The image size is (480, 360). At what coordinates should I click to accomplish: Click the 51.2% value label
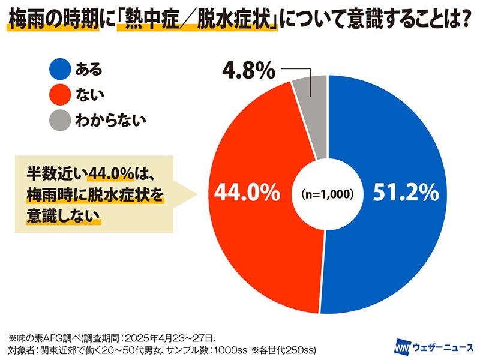[x=406, y=193]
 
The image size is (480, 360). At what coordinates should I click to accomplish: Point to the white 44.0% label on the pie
[x=247, y=193]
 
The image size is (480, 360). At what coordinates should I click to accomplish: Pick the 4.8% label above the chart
[x=248, y=70]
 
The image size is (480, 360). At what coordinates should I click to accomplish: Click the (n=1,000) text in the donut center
[x=327, y=194]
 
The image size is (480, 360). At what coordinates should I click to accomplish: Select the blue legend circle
[x=60, y=69]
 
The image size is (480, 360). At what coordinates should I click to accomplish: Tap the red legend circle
[x=60, y=95]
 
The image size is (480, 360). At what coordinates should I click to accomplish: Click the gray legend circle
[x=60, y=121]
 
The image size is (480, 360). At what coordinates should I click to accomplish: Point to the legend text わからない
[x=110, y=121]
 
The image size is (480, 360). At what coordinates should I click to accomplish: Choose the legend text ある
[x=89, y=69]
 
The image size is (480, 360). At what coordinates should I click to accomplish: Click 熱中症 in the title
[x=152, y=21]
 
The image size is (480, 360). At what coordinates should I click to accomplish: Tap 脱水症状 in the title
[x=233, y=21]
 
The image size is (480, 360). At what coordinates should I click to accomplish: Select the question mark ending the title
[x=464, y=21]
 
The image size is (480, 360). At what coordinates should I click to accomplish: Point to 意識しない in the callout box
[x=64, y=216]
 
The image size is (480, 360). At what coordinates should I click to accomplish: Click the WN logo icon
[x=403, y=347]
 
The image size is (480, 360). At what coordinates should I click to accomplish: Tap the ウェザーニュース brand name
[x=443, y=347]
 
